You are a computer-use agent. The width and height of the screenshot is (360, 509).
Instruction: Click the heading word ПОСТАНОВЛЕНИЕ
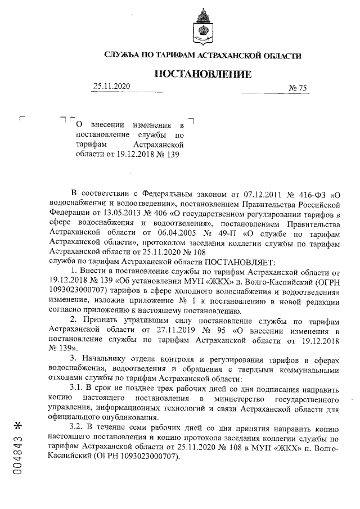(203, 74)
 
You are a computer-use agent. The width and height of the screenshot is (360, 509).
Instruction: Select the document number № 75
(298, 88)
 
